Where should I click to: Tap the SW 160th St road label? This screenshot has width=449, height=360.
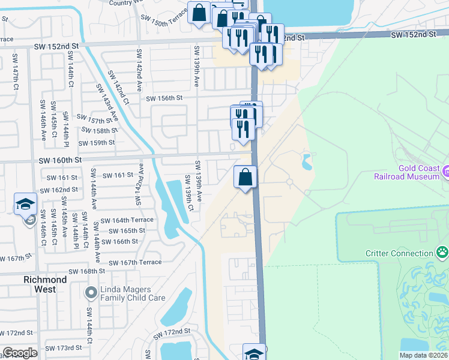(60, 161)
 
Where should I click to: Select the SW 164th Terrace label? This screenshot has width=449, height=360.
(127, 220)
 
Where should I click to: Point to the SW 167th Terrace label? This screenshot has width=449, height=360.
(135, 262)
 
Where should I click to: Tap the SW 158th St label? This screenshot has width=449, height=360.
(98, 131)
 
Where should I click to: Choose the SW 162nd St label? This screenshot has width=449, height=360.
(59, 190)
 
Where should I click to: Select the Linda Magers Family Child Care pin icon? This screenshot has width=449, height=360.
(91, 293)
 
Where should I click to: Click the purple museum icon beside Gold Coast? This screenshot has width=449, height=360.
(445, 173)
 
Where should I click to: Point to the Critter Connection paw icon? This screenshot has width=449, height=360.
(442, 252)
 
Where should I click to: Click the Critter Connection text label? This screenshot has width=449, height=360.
(399, 254)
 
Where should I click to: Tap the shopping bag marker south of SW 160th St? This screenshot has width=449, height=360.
(245, 177)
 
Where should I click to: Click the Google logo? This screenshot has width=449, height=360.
(20, 353)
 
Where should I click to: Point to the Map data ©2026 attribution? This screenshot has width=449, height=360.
(423, 355)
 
